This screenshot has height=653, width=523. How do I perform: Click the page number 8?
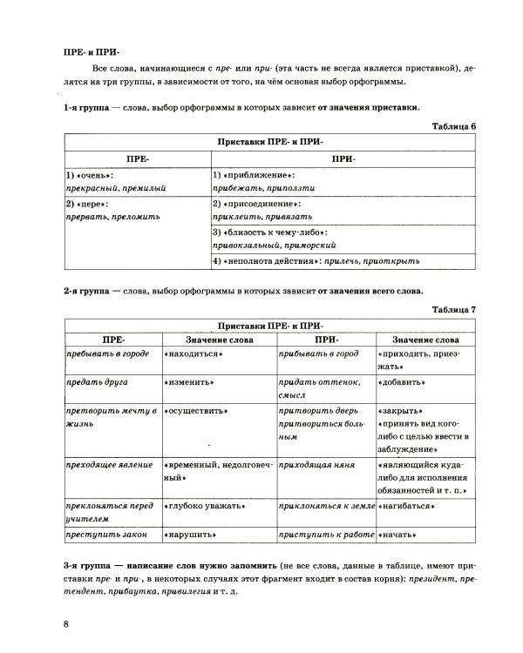pos(65,623)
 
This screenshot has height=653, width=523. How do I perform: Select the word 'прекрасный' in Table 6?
pos(91,187)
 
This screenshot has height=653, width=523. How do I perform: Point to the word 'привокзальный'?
pos(247,246)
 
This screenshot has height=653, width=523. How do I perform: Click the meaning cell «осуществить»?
pos(196,410)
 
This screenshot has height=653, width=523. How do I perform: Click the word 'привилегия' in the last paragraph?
pos(185,592)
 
